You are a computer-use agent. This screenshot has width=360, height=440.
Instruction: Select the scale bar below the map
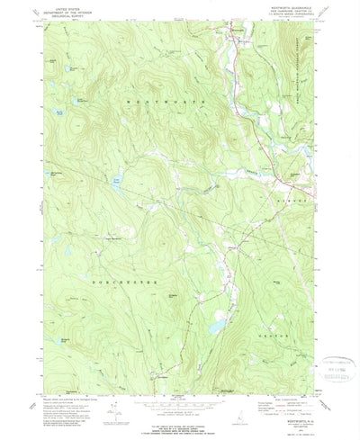(180, 397)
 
